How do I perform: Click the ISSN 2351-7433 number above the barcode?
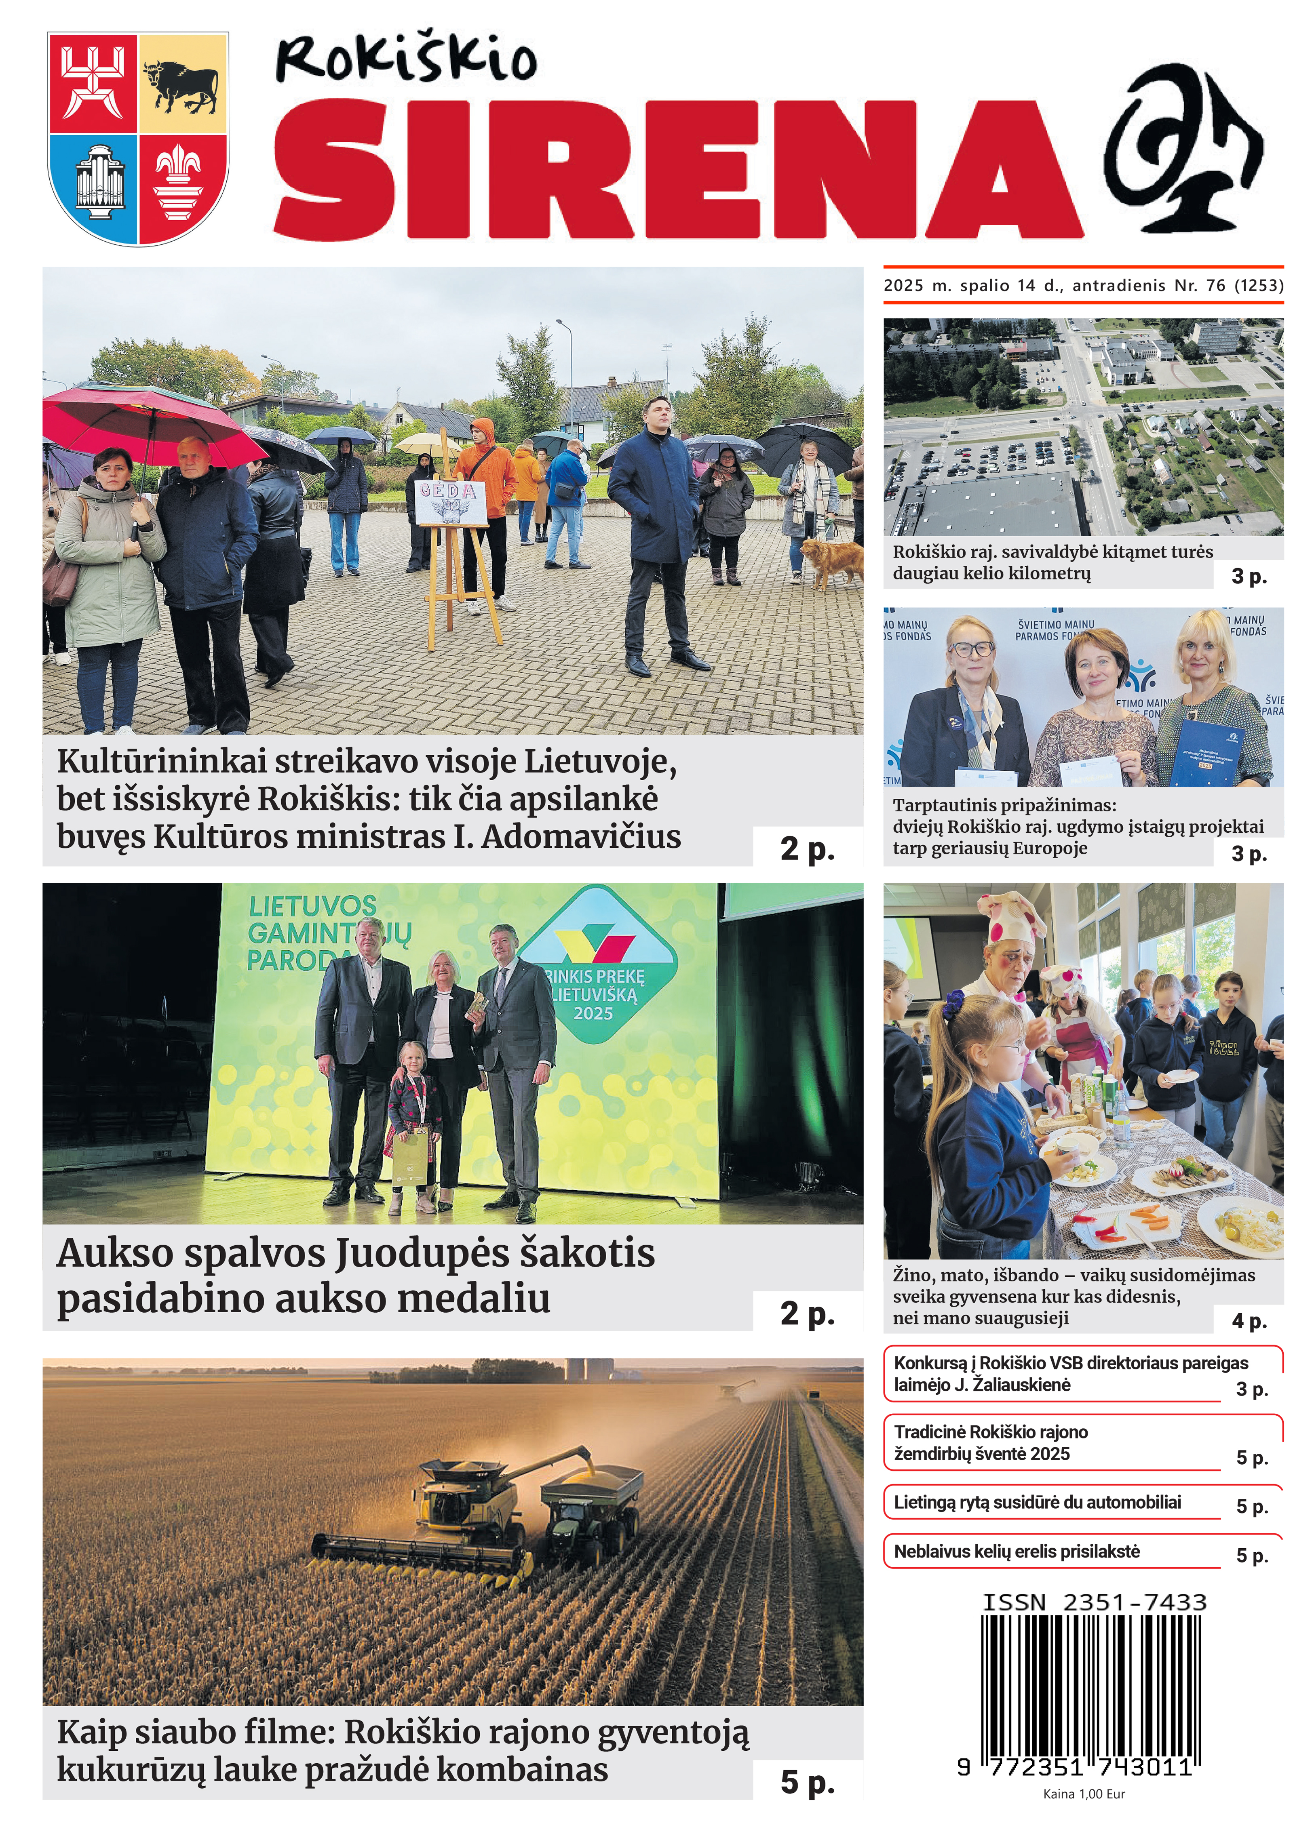click(1094, 1602)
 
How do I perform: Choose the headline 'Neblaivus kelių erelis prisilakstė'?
click(1017, 1551)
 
